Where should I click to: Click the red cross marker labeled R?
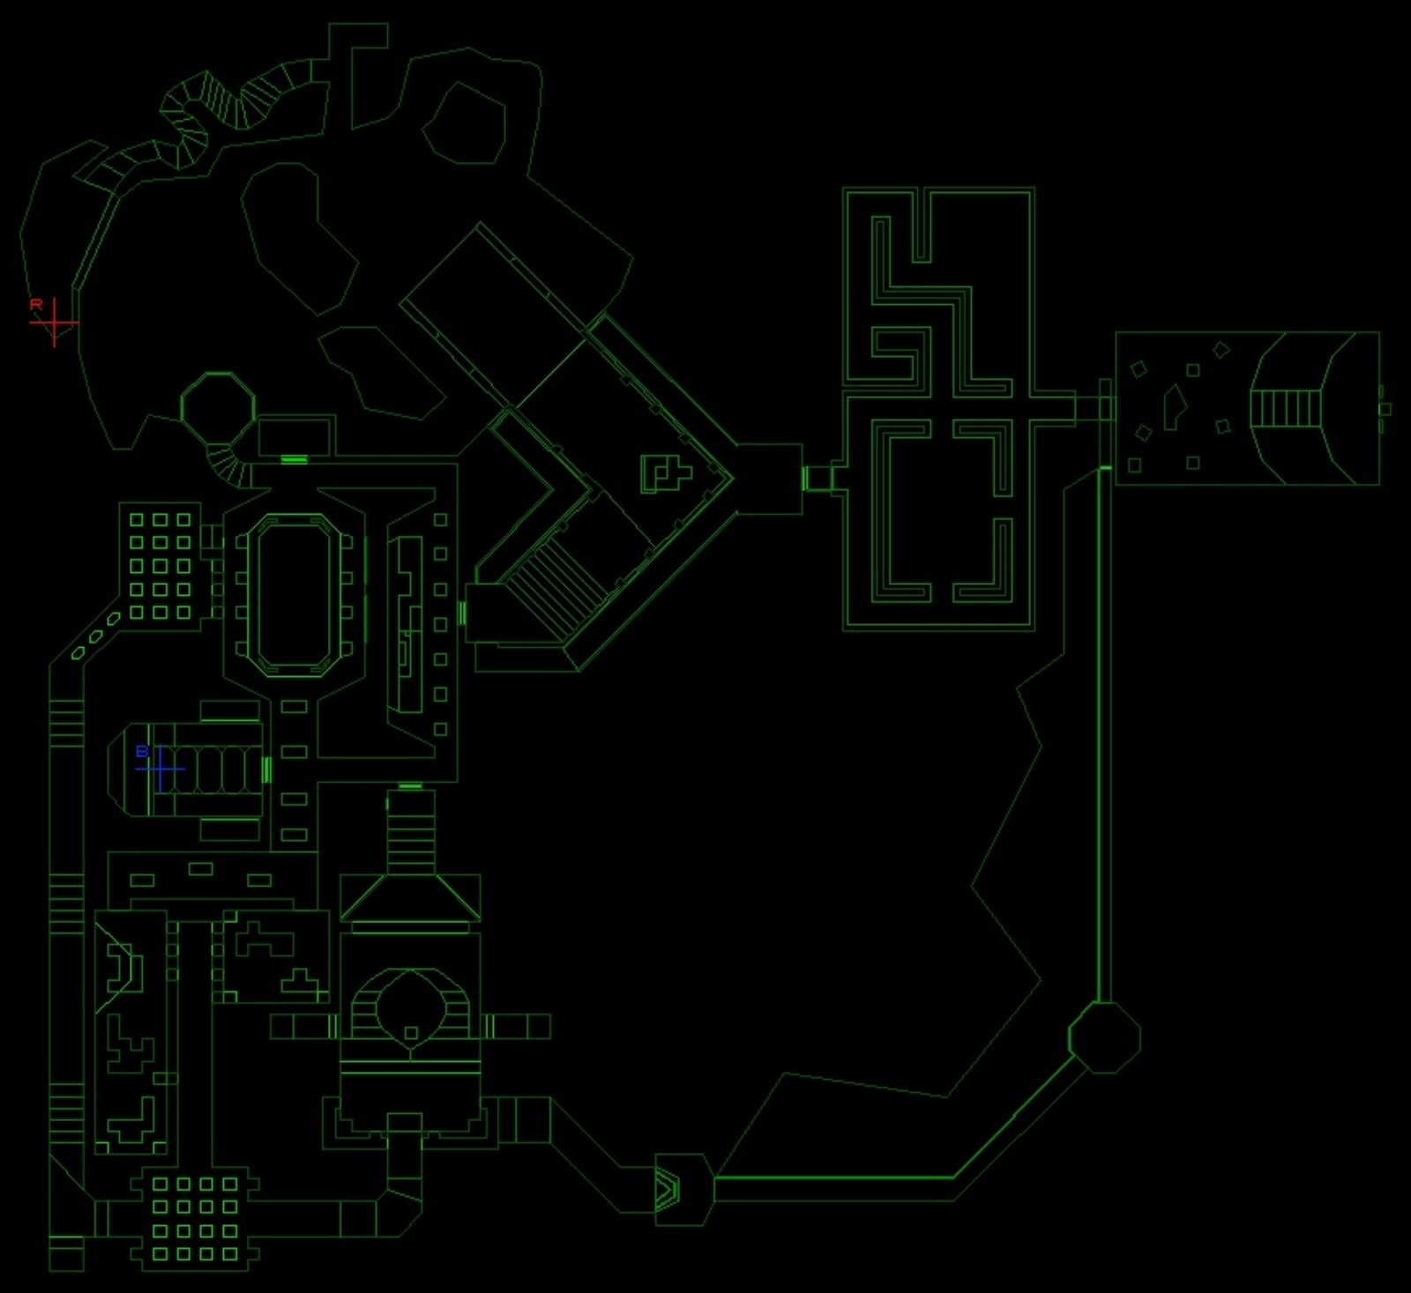point(55,323)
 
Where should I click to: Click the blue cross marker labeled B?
point(161,769)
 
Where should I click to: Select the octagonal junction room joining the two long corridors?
point(1104,1037)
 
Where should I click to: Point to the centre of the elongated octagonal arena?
point(294,595)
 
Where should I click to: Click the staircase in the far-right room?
point(1286,408)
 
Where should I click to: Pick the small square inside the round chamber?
point(410,1032)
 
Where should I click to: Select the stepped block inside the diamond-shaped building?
point(666,473)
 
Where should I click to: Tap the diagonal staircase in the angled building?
point(557,586)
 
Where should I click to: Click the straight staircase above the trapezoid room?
point(411,832)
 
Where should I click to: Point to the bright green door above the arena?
point(294,459)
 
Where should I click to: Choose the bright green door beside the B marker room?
point(266,769)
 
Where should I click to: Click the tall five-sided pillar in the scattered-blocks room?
point(1174,407)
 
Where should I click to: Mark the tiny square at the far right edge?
point(1385,409)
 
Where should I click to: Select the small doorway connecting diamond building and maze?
point(817,478)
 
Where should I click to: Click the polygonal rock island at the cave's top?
point(464,123)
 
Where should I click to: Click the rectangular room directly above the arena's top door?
point(295,437)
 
